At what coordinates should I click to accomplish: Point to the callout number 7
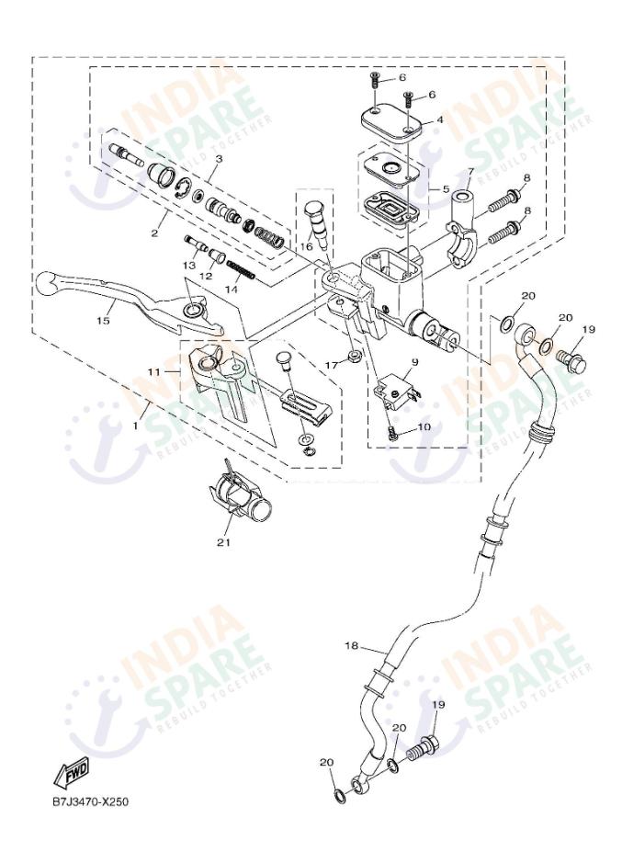pos(470,172)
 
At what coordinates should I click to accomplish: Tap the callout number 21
pos(221,542)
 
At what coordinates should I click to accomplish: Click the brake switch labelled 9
pos(396,393)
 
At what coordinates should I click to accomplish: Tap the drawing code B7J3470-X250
pos(90,801)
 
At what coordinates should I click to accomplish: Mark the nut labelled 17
pos(353,356)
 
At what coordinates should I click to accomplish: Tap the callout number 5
pos(446,189)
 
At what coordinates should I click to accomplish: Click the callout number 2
pos(154,233)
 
